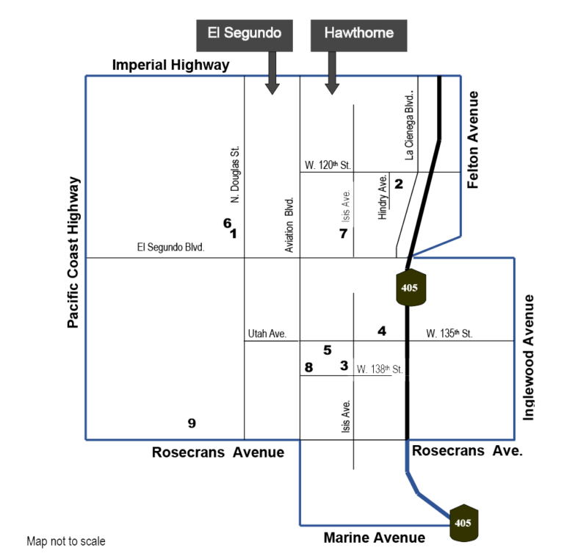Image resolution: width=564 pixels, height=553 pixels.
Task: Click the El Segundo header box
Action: point(245,35)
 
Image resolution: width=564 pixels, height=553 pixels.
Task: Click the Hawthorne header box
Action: point(358,35)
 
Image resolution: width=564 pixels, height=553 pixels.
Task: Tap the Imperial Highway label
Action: point(171,65)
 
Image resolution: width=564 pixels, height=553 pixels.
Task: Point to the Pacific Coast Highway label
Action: point(73,252)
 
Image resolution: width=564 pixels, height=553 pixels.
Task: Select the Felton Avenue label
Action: point(473,140)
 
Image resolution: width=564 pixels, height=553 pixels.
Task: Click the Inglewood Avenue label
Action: point(528,357)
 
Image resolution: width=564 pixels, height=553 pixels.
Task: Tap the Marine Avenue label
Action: point(375,538)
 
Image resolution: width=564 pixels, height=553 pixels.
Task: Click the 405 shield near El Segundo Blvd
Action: point(411,287)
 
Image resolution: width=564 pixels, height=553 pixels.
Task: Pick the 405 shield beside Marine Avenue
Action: point(464,523)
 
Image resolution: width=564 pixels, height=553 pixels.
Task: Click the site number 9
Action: point(192,423)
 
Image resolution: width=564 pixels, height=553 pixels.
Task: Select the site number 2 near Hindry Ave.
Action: point(399,184)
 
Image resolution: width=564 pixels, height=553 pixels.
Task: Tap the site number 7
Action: point(344,234)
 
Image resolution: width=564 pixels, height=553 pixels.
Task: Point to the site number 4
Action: point(382,330)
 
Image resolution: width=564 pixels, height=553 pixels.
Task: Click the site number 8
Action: point(308,367)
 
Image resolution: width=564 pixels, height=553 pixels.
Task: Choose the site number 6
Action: point(228,223)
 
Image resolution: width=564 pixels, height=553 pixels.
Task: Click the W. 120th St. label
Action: point(328,165)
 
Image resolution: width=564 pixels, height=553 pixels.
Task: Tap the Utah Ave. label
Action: point(267,334)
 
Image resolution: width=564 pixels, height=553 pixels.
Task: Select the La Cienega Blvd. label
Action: point(409,125)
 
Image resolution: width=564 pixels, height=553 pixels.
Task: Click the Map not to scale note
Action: point(66,541)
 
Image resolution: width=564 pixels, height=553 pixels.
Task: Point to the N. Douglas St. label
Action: point(234,175)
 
